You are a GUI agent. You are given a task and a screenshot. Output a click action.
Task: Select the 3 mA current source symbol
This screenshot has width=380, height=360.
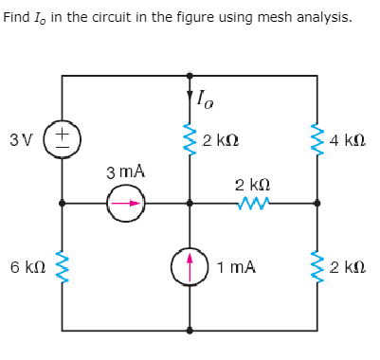tap(125, 203)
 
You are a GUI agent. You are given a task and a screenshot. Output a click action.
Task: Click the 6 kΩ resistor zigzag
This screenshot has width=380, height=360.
tap(63, 267)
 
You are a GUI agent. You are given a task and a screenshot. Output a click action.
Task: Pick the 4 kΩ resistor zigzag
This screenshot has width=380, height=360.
tap(317, 140)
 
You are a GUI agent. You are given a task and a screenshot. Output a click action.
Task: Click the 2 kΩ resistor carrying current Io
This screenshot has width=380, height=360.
tap(190, 140)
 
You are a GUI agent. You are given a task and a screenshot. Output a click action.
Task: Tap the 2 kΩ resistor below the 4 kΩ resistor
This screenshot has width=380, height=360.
tap(317, 267)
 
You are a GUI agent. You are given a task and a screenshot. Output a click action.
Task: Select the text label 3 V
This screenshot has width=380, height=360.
tap(21, 140)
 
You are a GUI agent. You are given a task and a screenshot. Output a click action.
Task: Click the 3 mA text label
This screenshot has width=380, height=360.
tap(125, 172)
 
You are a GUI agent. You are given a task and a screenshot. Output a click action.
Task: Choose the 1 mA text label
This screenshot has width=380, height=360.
tap(235, 267)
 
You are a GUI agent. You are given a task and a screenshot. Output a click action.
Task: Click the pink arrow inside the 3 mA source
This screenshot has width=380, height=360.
tap(127, 203)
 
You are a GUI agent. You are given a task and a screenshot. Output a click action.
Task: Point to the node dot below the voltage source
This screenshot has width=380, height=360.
tap(63, 203)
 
